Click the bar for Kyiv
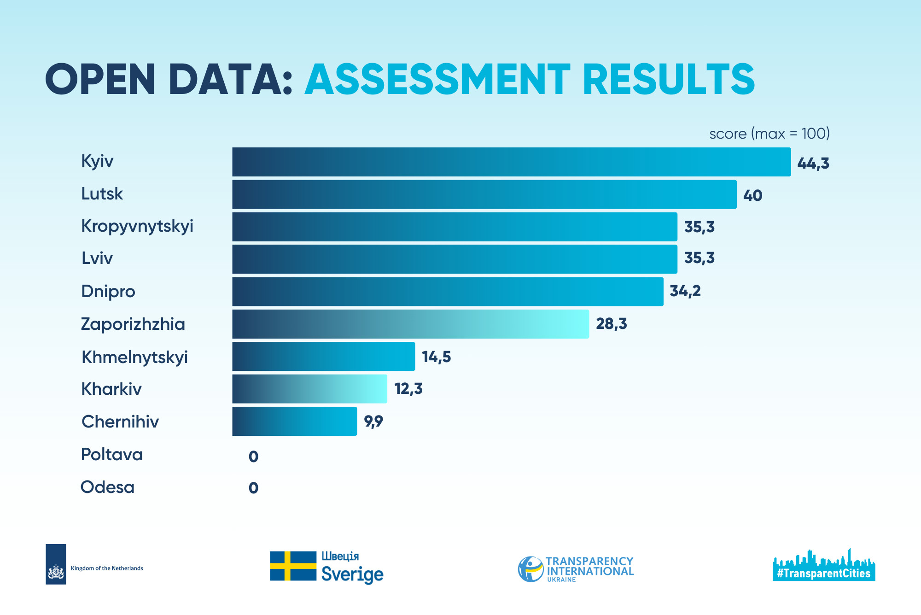(511, 162)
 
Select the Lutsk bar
(484, 194)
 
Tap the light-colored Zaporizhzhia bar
(410, 324)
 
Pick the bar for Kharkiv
(309, 389)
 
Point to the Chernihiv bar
(294, 421)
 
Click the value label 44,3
(813, 164)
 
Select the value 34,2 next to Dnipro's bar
(685, 291)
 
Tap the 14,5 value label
(436, 357)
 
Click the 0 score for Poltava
(253, 457)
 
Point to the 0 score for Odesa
(253, 488)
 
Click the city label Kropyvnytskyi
(137, 226)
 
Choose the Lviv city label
(97, 258)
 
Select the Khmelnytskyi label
(134, 357)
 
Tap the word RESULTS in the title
(669, 79)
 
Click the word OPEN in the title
(100, 79)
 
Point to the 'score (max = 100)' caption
(769, 134)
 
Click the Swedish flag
(293, 566)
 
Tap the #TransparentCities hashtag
(823, 574)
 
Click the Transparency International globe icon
(530, 569)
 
